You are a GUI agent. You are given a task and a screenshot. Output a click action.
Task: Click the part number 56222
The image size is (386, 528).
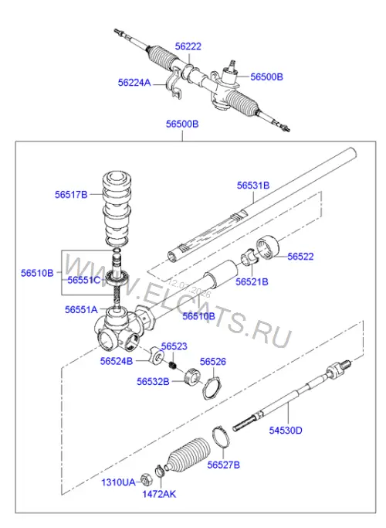click(x=188, y=46)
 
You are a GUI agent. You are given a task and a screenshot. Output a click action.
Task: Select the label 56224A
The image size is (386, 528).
click(x=134, y=83)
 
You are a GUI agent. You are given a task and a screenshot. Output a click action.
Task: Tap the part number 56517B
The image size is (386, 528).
click(x=71, y=195)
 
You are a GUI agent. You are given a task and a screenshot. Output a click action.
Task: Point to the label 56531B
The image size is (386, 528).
click(x=253, y=186)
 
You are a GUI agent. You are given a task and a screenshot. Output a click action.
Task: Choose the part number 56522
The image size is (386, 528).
click(x=300, y=257)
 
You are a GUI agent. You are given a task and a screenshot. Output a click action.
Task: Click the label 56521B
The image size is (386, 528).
click(x=252, y=282)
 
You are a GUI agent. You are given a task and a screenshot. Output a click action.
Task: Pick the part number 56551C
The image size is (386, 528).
click(x=84, y=280)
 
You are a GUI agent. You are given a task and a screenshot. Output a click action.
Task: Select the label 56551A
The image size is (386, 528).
click(x=81, y=310)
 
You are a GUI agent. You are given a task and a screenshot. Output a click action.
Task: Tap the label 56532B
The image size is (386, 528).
click(x=153, y=382)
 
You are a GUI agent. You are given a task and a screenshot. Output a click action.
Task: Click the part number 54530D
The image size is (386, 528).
click(x=286, y=431)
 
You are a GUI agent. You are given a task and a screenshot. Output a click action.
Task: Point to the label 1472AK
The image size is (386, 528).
click(x=159, y=494)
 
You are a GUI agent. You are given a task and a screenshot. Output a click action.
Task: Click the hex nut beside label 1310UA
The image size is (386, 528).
click(x=146, y=479)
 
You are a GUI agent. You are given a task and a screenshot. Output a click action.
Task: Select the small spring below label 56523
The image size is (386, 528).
click(x=173, y=365)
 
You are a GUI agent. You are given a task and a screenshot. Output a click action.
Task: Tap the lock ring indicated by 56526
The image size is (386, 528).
click(x=212, y=389)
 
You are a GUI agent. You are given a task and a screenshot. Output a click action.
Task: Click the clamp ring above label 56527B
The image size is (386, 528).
click(x=221, y=437)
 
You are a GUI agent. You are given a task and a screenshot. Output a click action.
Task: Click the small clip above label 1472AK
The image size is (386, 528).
click(x=160, y=471)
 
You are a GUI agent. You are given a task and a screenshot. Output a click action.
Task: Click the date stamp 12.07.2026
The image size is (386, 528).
click(x=189, y=288)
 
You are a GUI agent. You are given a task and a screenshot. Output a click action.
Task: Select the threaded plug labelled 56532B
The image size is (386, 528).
click(x=193, y=376)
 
